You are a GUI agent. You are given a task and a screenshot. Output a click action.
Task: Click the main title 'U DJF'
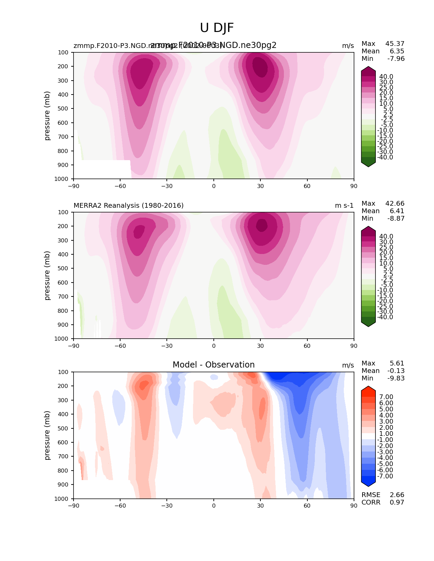point(217,28)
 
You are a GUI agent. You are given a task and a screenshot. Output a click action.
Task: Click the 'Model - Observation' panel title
point(213,365)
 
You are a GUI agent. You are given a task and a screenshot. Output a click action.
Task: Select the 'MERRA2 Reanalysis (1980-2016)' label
point(129,205)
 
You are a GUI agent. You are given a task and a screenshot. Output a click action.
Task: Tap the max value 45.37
point(395,44)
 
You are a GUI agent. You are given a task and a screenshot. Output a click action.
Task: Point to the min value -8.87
point(396,219)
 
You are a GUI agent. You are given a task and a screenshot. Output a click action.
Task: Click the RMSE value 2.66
point(397,495)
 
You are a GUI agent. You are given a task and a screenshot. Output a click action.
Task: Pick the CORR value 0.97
point(397,503)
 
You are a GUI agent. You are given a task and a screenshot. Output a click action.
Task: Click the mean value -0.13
point(396,371)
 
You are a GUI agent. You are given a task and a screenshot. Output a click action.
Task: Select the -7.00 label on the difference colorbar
point(385,476)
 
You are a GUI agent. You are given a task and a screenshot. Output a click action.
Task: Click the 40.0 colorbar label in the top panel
point(386,77)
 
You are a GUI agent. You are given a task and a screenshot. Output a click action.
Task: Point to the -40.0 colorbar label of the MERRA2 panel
point(385,317)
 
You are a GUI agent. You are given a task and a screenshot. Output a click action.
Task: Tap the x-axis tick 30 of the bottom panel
point(260,506)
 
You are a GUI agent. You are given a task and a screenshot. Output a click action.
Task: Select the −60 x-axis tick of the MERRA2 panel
point(120,346)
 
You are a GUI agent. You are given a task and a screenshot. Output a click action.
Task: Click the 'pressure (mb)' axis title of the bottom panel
point(47,435)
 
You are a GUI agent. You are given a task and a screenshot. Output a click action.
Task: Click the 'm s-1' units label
point(344,205)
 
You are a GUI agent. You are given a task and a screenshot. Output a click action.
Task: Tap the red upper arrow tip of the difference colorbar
point(368,388)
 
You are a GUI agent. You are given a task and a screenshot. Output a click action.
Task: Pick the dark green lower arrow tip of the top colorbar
point(368,165)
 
